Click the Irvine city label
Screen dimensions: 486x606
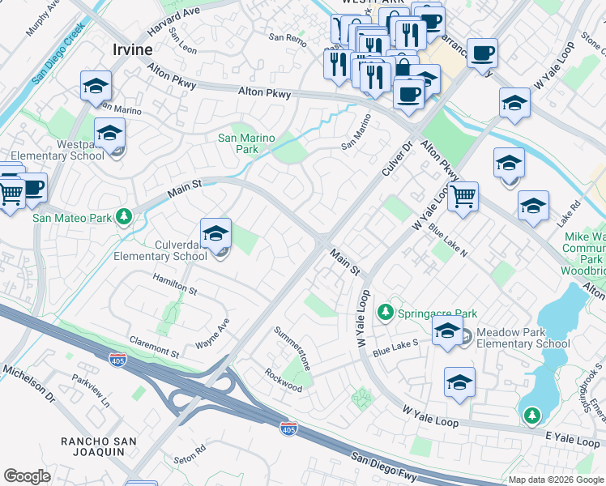coord(131,49)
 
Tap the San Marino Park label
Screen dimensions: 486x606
coord(246,143)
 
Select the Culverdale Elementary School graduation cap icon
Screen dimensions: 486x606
coord(216,235)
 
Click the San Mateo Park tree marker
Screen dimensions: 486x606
coord(123,216)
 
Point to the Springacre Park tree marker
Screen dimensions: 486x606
coord(386,313)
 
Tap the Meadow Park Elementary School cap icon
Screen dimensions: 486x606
coord(446,330)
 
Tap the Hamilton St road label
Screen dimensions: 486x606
coord(175,283)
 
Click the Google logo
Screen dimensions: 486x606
coord(28,476)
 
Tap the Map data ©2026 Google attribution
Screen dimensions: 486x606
coord(556,480)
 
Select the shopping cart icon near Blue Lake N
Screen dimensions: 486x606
coord(463,196)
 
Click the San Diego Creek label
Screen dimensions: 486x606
coord(58,53)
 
